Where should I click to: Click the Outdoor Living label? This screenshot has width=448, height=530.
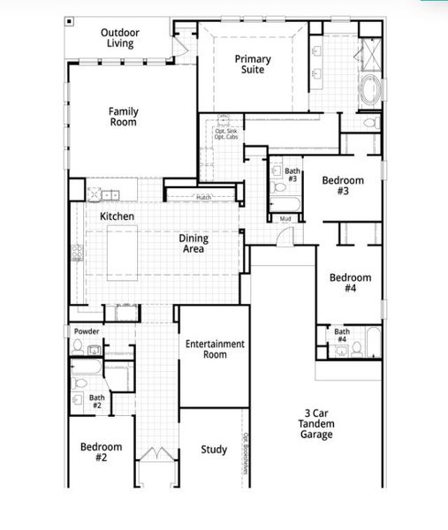coord(118,37)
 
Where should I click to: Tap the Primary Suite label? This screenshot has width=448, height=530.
coord(253,64)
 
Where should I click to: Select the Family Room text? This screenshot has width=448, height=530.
coord(123,117)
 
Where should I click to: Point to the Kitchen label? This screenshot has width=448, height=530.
coord(117,216)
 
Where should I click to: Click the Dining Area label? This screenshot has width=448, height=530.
coord(193,243)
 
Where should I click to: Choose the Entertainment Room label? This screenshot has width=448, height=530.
coord(214,349)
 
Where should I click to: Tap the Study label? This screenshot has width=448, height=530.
coord(214,450)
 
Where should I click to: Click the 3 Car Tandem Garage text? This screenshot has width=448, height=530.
coord(315,423)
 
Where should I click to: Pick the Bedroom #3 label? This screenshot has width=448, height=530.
coord(342,185)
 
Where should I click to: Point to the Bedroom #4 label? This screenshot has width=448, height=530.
coord(350,283)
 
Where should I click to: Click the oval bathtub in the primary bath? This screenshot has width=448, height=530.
coord(370,89)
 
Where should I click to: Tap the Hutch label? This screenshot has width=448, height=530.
coord(204,197)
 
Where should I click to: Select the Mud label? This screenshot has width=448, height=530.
coord(285,218)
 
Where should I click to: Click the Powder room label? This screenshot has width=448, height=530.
coord(87,331)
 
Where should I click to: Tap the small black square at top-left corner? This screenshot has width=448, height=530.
coord(69,19)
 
